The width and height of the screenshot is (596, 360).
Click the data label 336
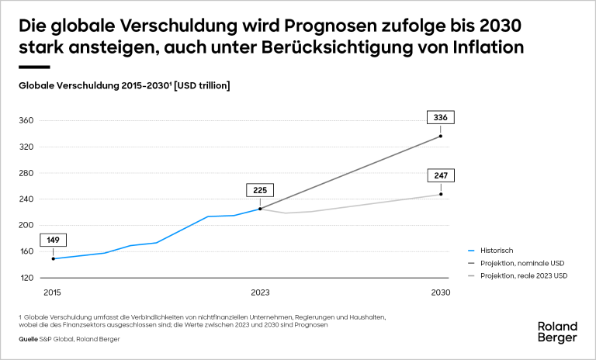pyautogui.click(x=440, y=118)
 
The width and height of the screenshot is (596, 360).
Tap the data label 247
pyautogui.click(x=441, y=175)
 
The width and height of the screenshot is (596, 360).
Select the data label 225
pyautogui.click(x=259, y=190)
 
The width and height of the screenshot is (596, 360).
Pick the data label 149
pyautogui.click(x=53, y=240)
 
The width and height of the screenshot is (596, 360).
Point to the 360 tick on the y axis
pyautogui.click(x=27, y=121)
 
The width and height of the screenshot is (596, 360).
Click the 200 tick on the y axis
pyautogui.click(x=27, y=225)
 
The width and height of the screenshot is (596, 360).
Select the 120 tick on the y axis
pyautogui.click(x=27, y=278)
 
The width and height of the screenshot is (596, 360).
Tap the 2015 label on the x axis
pyautogui.click(x=53, y=293)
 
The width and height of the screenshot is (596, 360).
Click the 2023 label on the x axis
pyautogui.click(x=259, y=293)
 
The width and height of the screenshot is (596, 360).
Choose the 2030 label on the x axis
pyautogui.click(x=441, y=293)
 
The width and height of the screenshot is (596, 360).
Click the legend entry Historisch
pyautogui.click(x=497, y=251)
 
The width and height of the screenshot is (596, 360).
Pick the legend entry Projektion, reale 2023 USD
pyautogui.click(x=525, y=275)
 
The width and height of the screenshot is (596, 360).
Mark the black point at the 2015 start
pyautogui.click(x=53, y=258)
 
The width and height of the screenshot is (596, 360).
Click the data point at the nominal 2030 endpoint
pyautogui.click(x=441, y=137)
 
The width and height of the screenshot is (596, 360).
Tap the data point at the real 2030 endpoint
pyautogui.click(x=441, y=194)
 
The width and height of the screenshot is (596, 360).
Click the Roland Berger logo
pyautogui.click(x=557, y=332)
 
